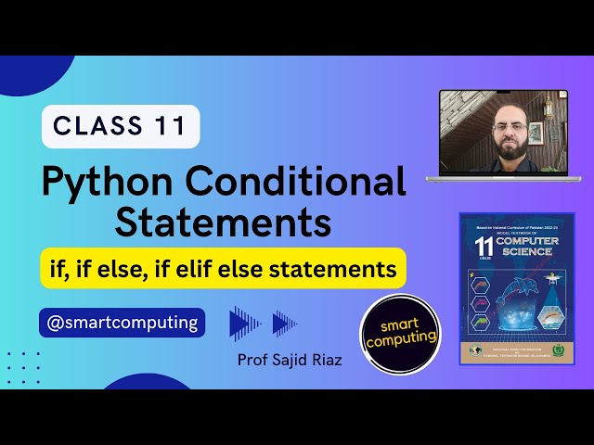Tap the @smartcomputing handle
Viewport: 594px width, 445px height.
[122, 323]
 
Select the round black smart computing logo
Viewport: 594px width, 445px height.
[400, 334]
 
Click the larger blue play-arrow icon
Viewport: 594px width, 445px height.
[244, 323]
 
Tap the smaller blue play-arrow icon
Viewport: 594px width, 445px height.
[283, 323]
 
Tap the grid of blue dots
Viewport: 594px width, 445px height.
[23, 368]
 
